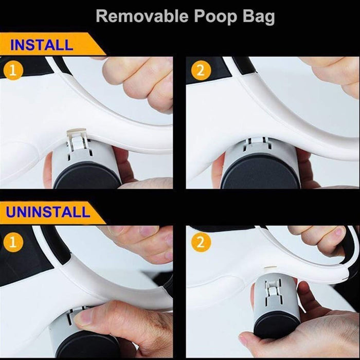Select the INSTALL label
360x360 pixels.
(x=41, y=45)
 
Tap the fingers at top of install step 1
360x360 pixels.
(x=139, y=77)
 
